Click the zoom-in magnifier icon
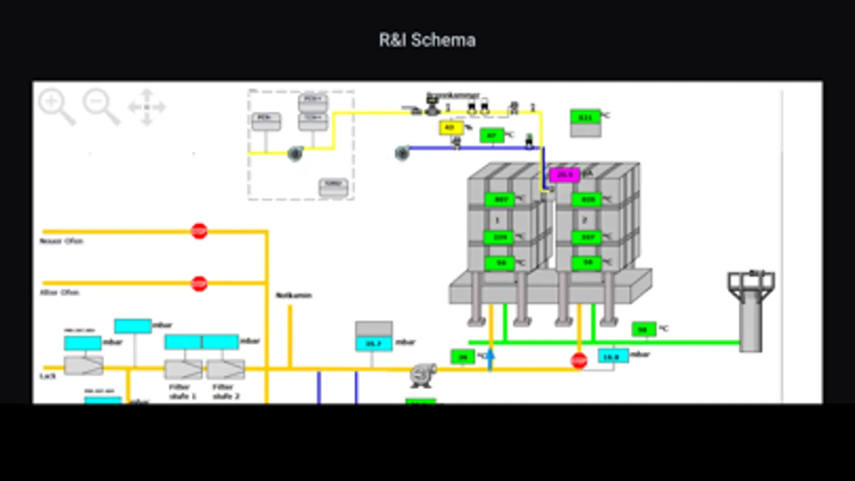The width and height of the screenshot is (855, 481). [56, 106]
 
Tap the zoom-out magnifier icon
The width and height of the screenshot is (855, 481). [100, 106]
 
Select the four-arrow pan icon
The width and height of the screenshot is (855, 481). [147, 107]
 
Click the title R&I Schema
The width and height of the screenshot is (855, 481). [427, 40]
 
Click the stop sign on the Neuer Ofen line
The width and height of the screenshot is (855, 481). [199, 231]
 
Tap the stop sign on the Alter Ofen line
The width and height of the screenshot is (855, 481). [199, 283]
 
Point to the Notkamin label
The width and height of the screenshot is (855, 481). [294, 295]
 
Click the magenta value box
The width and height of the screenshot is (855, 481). [565, 175]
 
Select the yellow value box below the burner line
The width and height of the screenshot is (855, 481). [450, 128]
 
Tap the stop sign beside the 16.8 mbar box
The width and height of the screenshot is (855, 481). [579, 361]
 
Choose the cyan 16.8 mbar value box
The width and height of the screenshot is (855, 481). [612, 356]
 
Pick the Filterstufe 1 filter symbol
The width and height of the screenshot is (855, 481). [183, 369]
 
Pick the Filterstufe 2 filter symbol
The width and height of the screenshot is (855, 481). [226, 369]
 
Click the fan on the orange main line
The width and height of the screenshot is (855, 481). [423, 374]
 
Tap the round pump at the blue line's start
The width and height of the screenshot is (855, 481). [402, 153]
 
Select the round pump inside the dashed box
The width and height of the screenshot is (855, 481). [295, 154]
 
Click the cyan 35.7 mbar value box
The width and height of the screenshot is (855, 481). [374, 343]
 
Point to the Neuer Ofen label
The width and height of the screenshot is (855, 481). [61, 241]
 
